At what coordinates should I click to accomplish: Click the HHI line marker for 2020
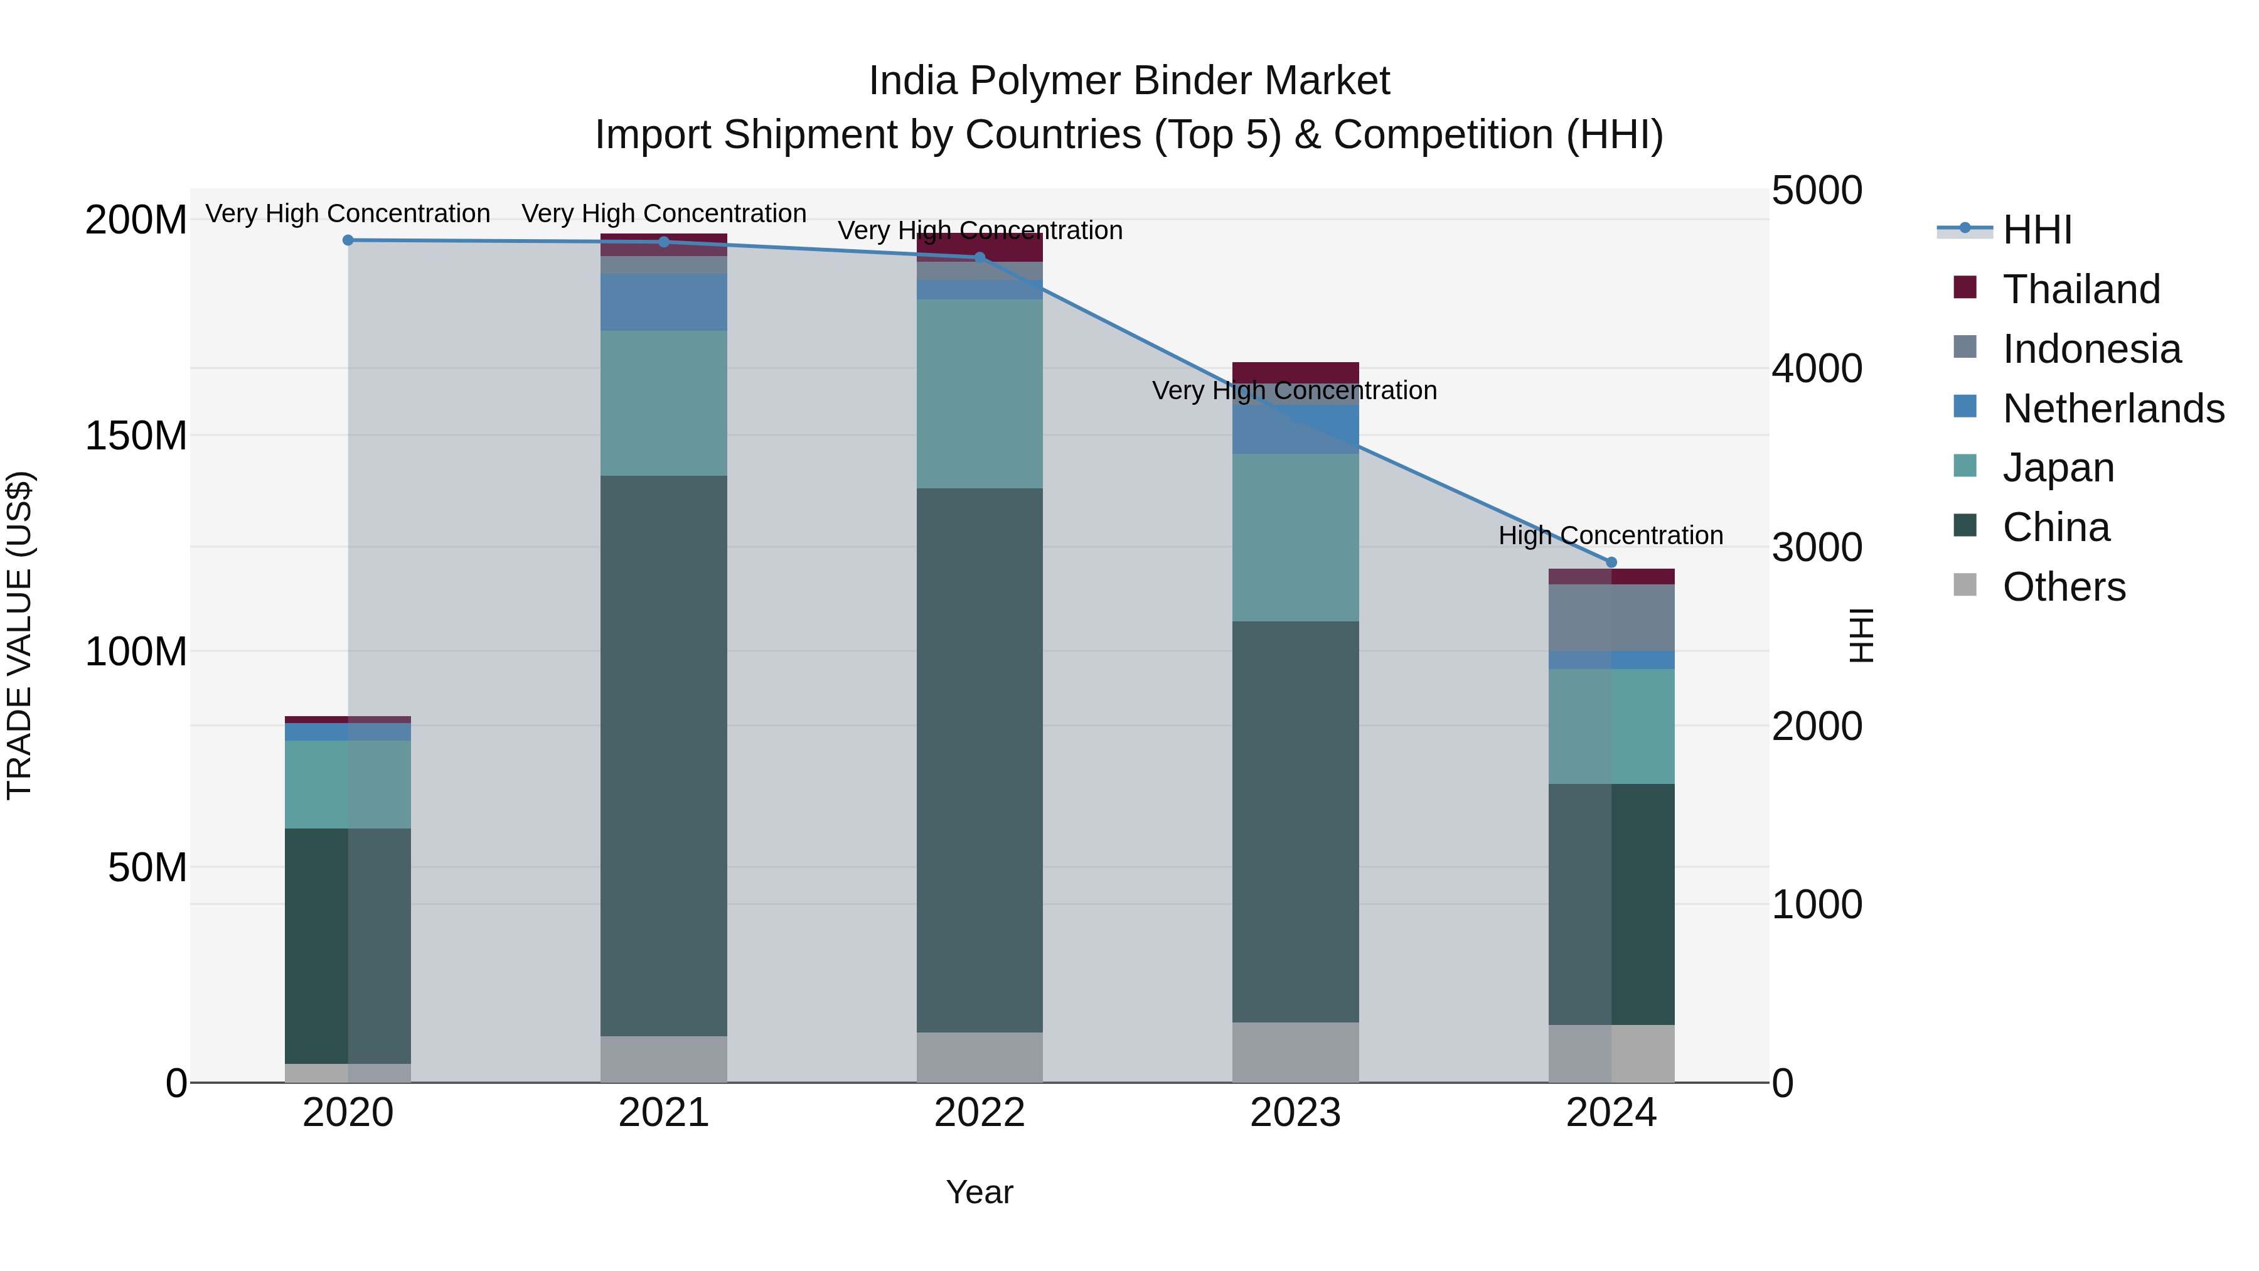tap(348, 240)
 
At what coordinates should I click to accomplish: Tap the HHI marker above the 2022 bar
tap(980, 257)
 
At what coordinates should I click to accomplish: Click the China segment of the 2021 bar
tap(664, 754)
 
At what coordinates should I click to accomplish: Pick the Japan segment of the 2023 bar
tap(1295, 537)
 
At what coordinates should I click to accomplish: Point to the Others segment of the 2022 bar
tap(980, 1056)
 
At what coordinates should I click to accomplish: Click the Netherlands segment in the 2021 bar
tap(664, 302)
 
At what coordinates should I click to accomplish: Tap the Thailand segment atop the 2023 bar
tap(1295, 372)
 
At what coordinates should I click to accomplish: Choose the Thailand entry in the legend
tap(2081, 289)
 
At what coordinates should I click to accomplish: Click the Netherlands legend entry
tap(2113, 409)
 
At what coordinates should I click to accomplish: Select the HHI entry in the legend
tap(2037, 230)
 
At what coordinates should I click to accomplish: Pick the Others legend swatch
tap(1965, 585)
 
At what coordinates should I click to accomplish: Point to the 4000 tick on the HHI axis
tap(1816, 368)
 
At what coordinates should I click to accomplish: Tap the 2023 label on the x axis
tap(1295, 1113)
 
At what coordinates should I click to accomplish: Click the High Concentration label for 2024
tap(1610, 535)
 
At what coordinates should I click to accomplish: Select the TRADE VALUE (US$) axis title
tap(19, 635)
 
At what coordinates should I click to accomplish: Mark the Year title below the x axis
tap(980, 1192)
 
